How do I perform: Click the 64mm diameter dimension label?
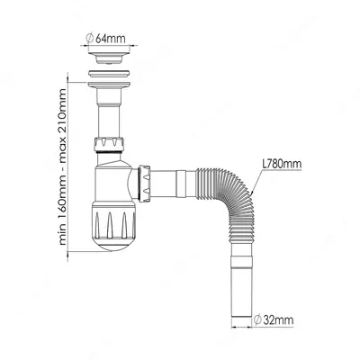105,38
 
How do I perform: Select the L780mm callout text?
282,164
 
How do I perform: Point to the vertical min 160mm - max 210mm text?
63,167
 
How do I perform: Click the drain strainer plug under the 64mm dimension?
110,58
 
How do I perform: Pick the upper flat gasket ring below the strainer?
109,74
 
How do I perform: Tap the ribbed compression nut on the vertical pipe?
109,144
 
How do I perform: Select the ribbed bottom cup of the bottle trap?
113,220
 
